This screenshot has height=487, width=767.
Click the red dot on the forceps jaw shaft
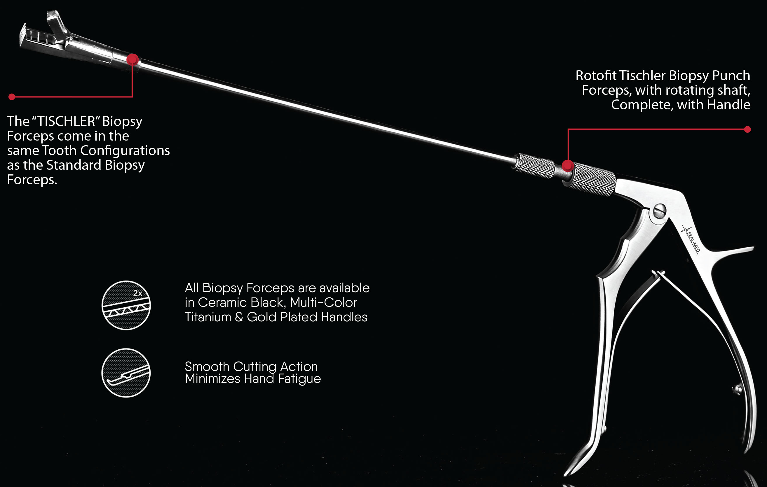click(x=133, y=59)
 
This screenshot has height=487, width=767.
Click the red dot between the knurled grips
click(x=568, y=166)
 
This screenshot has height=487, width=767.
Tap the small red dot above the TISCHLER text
click(x=12, y=97)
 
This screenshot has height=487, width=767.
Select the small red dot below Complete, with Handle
click(x=747, y=129)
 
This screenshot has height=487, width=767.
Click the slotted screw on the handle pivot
click(x=659, y=211)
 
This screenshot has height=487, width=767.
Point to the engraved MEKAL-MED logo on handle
click(x=691, y=239)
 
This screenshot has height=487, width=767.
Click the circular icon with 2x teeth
click(x=126, y=305)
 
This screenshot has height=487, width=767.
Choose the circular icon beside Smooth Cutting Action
click(x=126, y=373)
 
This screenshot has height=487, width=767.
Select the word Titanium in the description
click(x=208, y=317)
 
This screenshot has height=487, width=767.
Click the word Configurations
click(x=125, y=150)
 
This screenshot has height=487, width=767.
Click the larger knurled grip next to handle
click(x=592, y=179)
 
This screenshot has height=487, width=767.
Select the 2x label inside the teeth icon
click(x=137, y=293)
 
